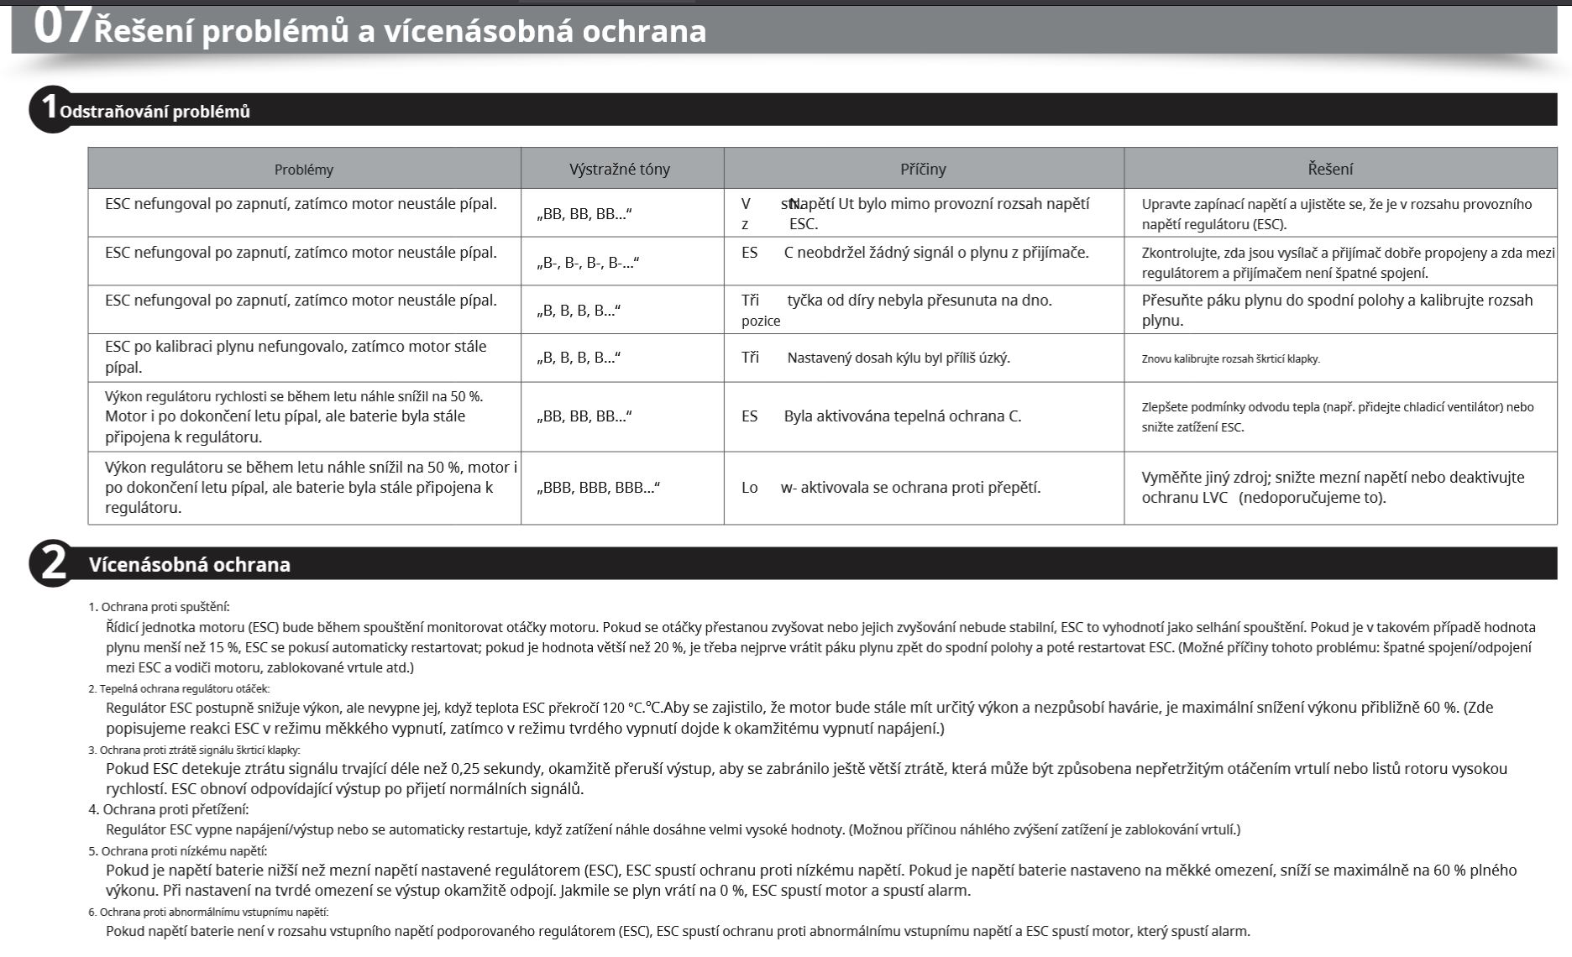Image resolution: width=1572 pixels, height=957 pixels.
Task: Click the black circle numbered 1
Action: [49, 109]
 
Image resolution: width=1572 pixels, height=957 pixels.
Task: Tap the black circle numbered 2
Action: [52, 563]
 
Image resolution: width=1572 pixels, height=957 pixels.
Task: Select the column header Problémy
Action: [303, 169]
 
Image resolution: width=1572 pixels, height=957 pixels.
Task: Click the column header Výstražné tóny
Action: [620, 169]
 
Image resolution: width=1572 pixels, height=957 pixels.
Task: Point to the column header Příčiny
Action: [923, 169]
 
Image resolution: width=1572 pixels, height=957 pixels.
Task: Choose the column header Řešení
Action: [1330, 169]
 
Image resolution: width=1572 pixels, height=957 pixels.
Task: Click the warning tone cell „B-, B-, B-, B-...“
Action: [588, 263]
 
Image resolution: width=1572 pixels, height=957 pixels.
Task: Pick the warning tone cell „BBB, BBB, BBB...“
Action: [598, 488]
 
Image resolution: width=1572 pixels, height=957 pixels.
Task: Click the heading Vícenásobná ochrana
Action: [190, 564]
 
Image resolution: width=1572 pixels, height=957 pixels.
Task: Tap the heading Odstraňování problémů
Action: [155, 112]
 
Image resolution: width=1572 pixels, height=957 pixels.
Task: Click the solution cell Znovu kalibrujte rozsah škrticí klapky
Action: [1230, 359]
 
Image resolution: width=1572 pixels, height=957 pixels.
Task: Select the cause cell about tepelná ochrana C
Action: [902, 416]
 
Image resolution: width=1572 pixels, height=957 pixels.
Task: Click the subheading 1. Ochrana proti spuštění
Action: [159, 607]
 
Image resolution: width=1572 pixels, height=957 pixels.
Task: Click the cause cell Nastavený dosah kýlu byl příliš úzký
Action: [898, 358]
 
